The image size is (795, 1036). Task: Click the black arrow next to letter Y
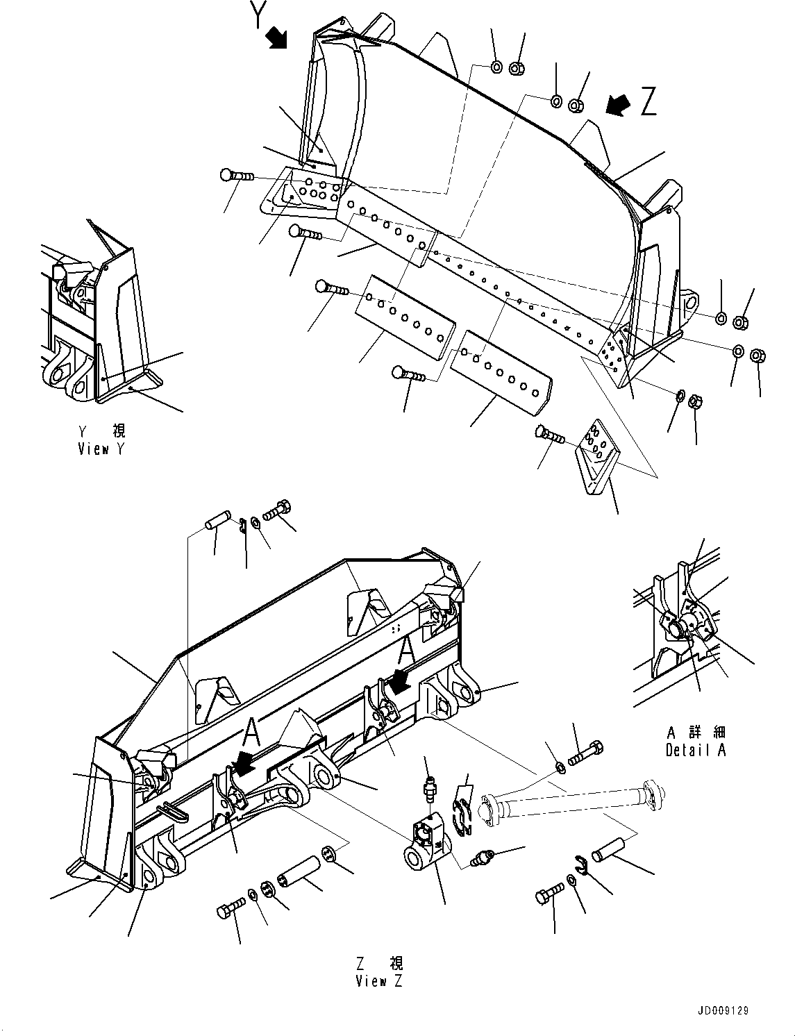pyautogui.click(x=277, y=37)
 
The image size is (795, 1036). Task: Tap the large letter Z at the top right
pyautogui.click(x=649, y=101)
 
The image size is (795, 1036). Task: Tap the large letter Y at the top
pyautogui.click(x=258, y=15)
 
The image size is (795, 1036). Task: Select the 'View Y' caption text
pyautogui.click(x=101, y=449)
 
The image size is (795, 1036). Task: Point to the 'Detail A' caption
pyautogui.click(x=696, y=750)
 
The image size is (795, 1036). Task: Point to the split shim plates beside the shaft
pyautogui.click(x=461, y=818)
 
